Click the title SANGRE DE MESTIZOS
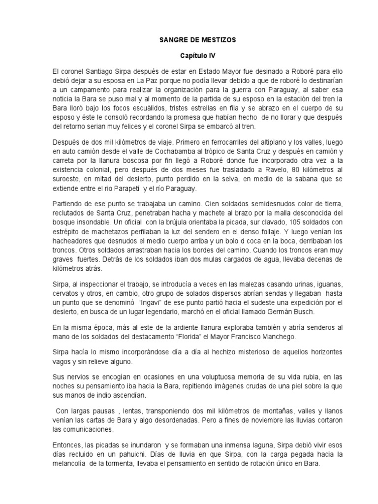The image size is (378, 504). [x=189, y=40]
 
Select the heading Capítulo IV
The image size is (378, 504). [x=189, y=57]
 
